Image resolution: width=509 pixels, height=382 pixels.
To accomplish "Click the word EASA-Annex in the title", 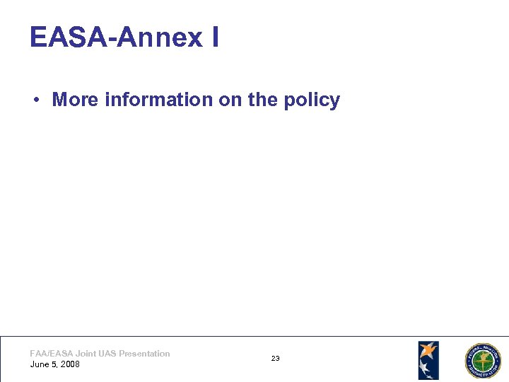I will [x=116, y=37].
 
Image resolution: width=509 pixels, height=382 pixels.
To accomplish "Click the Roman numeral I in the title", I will [x=215, y=37].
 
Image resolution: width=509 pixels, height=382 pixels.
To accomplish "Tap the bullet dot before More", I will [x=35, y=100].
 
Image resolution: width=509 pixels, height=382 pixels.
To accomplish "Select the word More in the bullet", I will [x=76, y=100].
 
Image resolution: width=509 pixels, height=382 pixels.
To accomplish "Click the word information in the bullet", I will [x=159, y=100].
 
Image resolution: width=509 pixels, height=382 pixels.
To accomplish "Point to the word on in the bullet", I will [x=230, y=100].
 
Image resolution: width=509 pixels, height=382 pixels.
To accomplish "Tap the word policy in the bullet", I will [x=312, y=100].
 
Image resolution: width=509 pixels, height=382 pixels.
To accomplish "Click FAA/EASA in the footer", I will [x=51, y=354].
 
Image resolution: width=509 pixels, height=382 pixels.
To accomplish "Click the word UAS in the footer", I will [x=107, y=354].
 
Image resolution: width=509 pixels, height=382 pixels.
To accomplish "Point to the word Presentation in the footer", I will [x=144, y=354].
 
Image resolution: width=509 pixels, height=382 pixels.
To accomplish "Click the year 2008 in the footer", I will [x=70, y=364].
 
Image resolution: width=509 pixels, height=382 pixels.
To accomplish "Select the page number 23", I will [x=275, y=359].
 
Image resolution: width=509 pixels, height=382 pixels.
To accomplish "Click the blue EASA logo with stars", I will [x=428, y=360].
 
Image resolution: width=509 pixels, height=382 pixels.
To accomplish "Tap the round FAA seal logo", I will [x=481, y=361].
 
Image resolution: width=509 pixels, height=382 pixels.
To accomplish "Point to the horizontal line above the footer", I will [x=255, y=336].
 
